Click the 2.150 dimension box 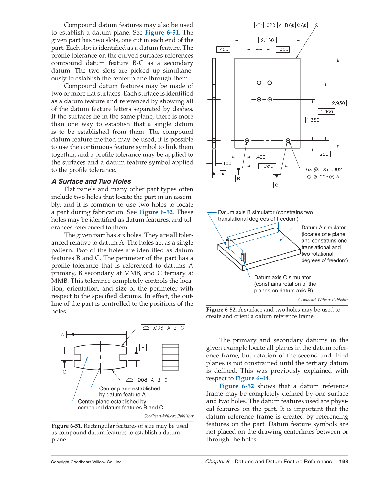[267, 40]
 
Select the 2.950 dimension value [338, 103]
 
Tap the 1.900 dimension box [326, 112]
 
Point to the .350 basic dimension [283, 49]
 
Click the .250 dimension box [323, 154]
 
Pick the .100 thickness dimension [227, 163]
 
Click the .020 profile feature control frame [281, 25]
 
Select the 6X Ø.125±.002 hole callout [324, 169]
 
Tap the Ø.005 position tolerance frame [324, 177]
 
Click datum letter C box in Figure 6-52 [277, 185]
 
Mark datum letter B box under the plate [238, 178]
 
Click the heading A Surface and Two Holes [91, 181]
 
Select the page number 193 [344, 462]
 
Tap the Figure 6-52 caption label [222, 310]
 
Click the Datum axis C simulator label [282, 278]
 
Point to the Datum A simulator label [324, 228]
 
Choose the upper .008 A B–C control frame [163, 328]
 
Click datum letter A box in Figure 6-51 [63, 334]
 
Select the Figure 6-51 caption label [67, 426]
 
